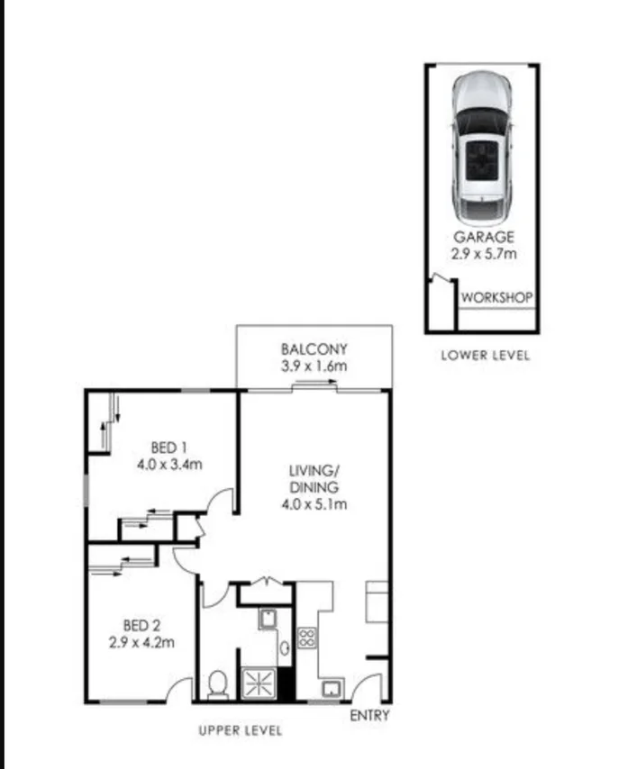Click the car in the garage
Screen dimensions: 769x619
(482, 149)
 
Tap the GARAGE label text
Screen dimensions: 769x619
(483, 238)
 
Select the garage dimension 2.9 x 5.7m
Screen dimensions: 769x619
(483, 254)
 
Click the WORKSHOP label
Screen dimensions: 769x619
(496, 297)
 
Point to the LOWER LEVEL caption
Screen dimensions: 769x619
(485, 355)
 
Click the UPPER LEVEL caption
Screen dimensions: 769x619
(241, 730)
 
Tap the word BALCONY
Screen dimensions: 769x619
(314, 349)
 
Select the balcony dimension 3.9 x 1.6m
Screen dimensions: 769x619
(314, 366)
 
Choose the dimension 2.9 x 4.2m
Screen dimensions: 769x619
(141, 642)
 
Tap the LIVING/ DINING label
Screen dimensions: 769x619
(313, 478)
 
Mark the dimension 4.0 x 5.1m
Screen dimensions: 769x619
(313, 504)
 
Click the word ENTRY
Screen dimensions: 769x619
(369, 716)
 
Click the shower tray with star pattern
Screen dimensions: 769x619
(258, 682)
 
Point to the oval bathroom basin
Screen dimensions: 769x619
(284, 647)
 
